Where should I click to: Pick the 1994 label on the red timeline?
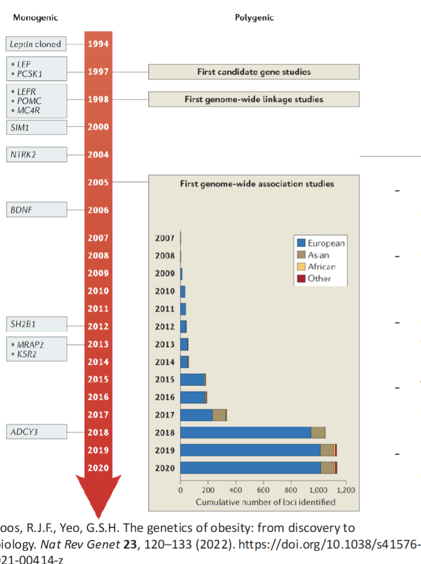pos(98,43)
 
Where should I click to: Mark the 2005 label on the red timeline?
pos(98,182)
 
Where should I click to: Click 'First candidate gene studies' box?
pos(254,72)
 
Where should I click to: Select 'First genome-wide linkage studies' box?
pos(254,99)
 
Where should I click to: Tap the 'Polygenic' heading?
pos(254,18)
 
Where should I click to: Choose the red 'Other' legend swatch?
pos(301,279)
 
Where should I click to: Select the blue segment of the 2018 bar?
pos(245,433)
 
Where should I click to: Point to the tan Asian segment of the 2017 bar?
pos(219,415)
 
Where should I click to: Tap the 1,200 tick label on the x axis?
pos(346,490)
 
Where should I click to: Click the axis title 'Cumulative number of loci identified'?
pos(265,502)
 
